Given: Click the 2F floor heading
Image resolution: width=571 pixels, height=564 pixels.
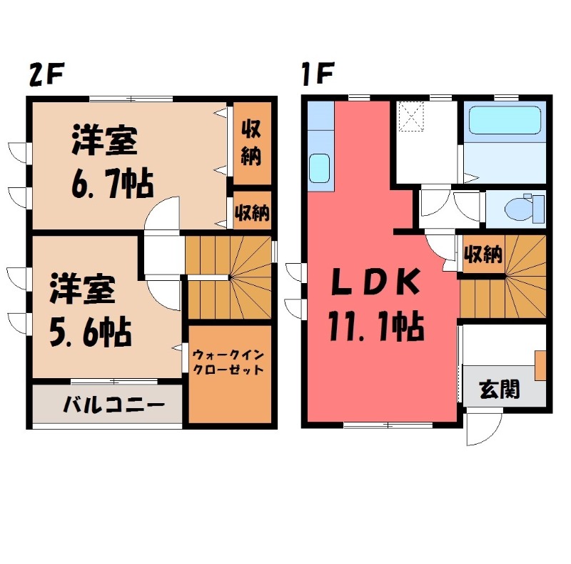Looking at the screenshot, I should (46, 74).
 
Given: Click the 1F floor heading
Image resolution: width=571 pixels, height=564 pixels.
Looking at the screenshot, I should (314, 74).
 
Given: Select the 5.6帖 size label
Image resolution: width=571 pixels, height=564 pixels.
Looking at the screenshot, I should (89, 331).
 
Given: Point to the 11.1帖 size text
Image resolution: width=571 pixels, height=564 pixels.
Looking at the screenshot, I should (376, 327).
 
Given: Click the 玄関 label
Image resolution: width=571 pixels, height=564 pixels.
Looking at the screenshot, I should (499, 390).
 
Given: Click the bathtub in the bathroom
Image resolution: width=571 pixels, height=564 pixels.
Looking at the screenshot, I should (505, 121).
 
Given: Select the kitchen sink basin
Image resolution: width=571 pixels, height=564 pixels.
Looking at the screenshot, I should (318, 170).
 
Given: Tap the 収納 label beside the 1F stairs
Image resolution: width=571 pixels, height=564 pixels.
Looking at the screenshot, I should (482, 254).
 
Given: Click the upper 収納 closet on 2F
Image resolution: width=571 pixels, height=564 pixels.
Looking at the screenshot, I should (250, 143).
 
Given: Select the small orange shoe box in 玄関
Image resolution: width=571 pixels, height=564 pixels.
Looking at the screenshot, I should (540, 365).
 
